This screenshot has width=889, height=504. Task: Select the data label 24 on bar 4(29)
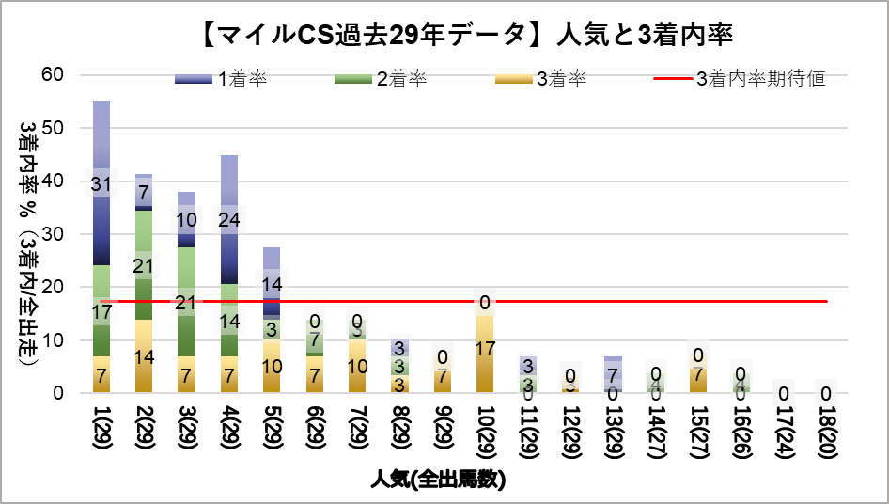pyautogui.click(x=229, y=219)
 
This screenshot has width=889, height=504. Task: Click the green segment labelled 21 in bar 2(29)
pyautogui.click(x=144, y=265)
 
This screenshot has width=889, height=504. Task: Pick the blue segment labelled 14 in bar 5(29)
pyautogui.click(x=272, y=285)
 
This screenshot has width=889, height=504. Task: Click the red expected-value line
pyautogui.click(x=564, y=301)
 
